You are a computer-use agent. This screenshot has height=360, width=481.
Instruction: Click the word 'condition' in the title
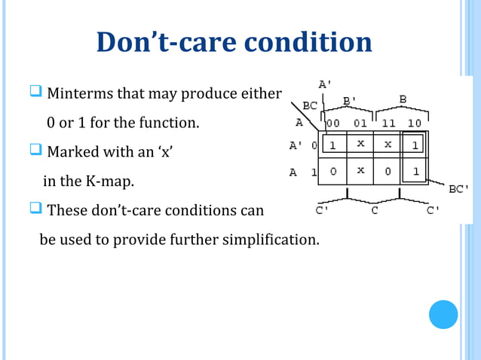click(x=305, y=42)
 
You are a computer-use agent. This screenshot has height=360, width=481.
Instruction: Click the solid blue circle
click(x=443, y=314)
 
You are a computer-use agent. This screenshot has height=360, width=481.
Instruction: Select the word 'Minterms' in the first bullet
click(x=77, y=94)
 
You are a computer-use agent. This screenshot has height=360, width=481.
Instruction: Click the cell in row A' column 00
click(x=332, y=144)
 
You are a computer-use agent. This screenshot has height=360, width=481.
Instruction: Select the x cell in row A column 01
click(x=360, y=171)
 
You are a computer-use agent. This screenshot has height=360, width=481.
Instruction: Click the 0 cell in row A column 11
click(x=388, y=172)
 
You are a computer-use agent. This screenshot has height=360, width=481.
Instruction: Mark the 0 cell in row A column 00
click(x=332, y=172)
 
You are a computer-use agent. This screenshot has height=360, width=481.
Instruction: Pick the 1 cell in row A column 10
click(x=415, y=172)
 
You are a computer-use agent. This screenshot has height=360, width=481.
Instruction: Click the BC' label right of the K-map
click(x=460, y=190)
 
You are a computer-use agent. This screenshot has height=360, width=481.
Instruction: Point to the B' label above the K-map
click(x=351, y=99)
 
